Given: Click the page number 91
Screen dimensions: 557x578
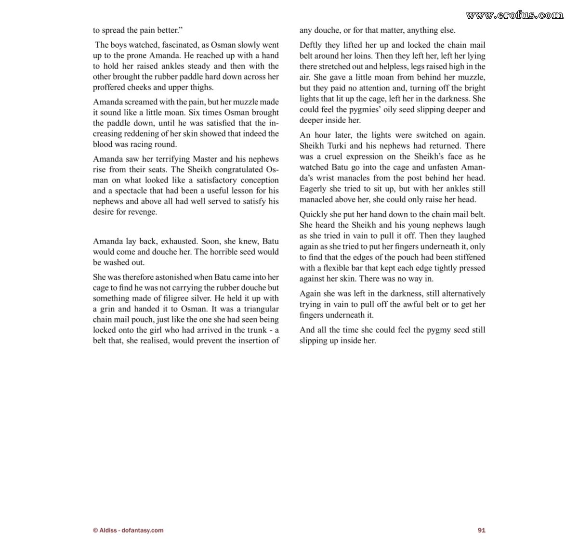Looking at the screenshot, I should click(481, 530).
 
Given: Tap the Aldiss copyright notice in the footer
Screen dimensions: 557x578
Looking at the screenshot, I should click(128, 530).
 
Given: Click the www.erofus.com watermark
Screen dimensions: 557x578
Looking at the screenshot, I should click(514, 15).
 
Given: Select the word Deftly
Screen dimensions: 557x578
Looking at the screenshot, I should click(312, 45).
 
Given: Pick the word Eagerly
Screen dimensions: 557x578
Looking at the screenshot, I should click(313, 189).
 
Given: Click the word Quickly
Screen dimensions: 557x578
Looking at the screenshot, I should click(314, 214).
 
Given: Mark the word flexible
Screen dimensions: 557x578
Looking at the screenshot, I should click(337, 268).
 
